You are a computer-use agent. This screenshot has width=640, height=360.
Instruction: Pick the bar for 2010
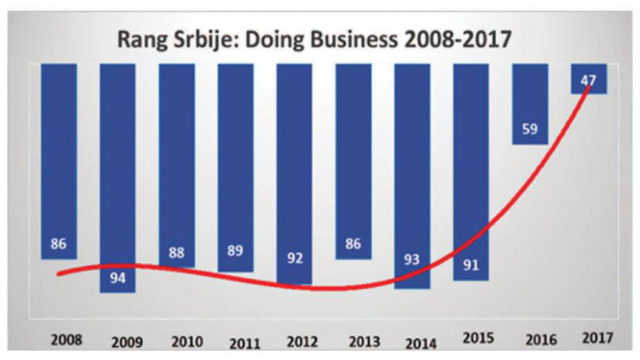tap(176, 159)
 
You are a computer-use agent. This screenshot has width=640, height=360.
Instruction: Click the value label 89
tap(235, 251)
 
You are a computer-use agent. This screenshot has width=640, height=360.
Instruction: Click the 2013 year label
tap(365, 341)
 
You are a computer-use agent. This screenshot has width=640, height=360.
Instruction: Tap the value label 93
tap(412, 260)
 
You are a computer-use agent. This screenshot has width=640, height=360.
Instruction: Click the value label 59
tap(530, 128)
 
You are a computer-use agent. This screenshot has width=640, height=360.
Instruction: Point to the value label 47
tap(589, 81)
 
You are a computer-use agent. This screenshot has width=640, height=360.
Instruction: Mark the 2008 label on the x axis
tap(66, 341)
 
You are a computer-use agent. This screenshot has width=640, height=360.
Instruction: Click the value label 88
tap(176, 253)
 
